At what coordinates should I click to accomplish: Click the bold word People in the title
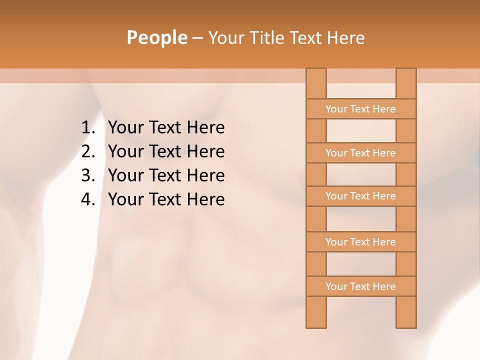[156, 37]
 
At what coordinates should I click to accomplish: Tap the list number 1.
[88, 128]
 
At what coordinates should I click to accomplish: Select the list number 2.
[88, 151]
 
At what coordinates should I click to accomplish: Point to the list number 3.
[88, 175]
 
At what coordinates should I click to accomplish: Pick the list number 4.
[88, 199]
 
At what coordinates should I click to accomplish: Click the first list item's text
[166, 128]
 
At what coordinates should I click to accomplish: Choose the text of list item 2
[166, 151]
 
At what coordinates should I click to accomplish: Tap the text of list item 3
[166, 175]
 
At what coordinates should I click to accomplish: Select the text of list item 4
[166, 199]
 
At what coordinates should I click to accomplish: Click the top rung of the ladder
[360, 109]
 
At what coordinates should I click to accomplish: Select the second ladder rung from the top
[360, 153]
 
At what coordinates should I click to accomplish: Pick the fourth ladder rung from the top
[360, 242]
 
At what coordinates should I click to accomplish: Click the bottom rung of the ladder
[360, 286]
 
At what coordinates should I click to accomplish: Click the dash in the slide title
[197, 38]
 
